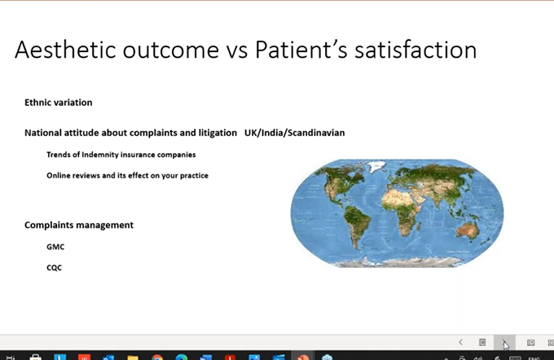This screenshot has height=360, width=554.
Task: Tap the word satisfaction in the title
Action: [415, 50]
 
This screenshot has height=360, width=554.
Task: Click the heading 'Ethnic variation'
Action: [59, 103]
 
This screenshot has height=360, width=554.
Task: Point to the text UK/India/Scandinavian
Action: [295, 133]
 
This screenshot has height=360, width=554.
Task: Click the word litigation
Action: [218, 133]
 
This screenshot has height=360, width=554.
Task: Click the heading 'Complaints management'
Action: [79, 225]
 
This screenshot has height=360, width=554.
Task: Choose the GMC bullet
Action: [55, 247]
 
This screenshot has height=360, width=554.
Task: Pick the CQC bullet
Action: [54, 268]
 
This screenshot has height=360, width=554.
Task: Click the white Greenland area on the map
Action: [376, 165]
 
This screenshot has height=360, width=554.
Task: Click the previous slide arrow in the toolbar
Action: [461, 342]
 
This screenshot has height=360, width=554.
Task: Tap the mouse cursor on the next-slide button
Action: [506, 345]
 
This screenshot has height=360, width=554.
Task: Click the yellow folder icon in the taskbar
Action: [133, 358]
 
